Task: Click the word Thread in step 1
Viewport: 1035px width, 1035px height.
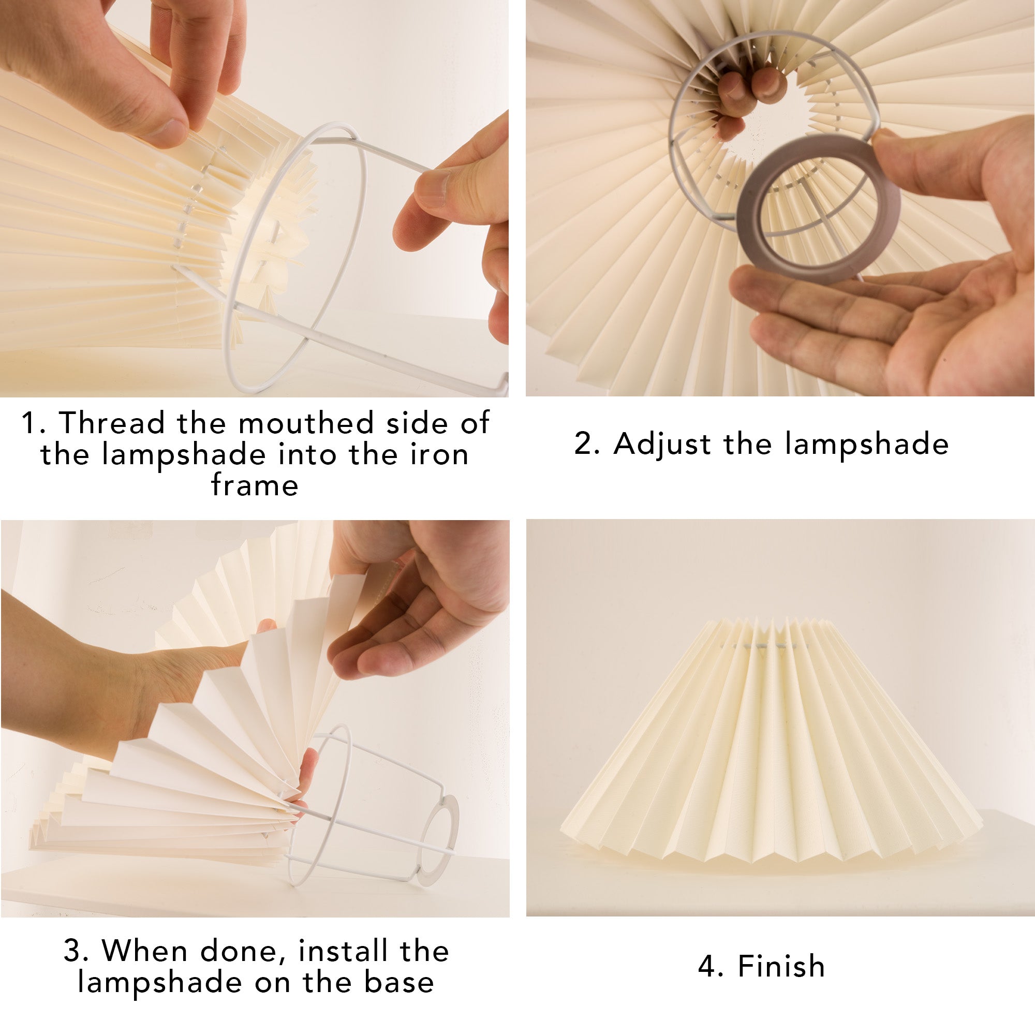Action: (x=111, y=423)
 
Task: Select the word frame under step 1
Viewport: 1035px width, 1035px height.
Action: (x=255, y=485)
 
